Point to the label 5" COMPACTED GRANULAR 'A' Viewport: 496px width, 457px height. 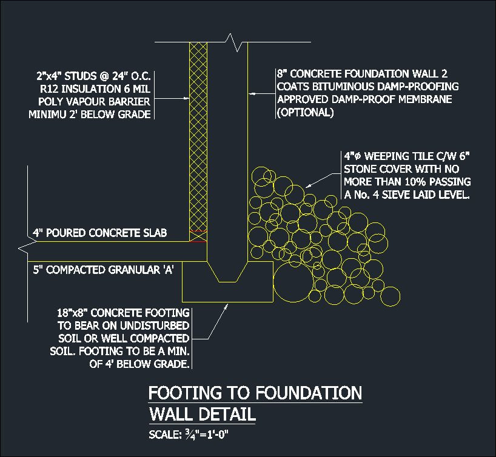[104, 270]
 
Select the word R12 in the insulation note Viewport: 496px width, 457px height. [47, 90]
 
